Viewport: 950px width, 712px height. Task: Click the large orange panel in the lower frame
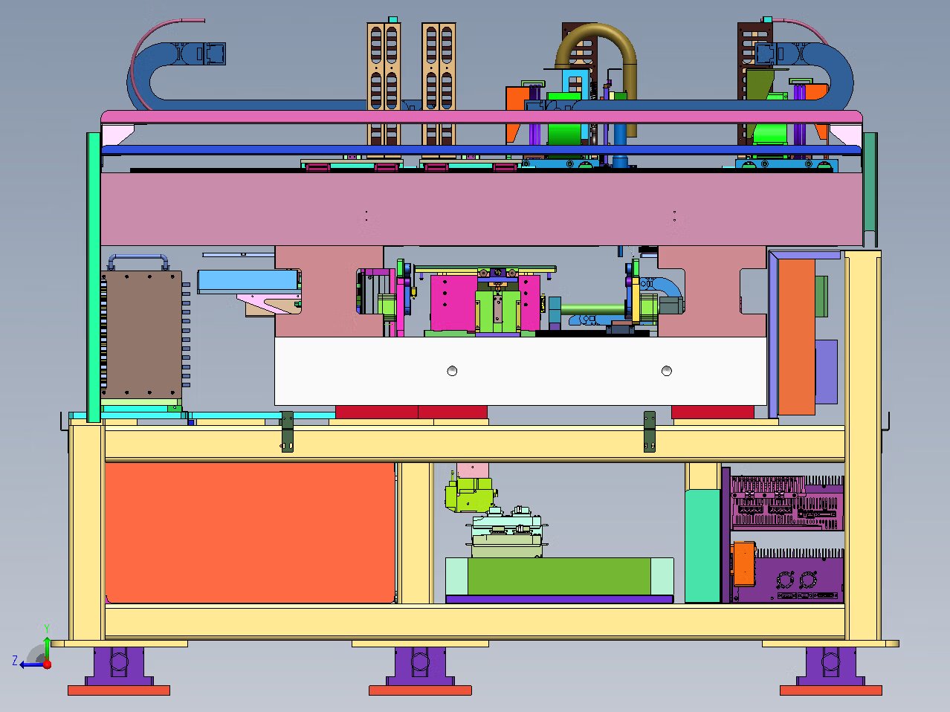[x=250, y=532]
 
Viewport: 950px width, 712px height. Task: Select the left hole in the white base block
[x=452, y=371]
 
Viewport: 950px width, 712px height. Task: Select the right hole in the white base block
[x=667, y=371]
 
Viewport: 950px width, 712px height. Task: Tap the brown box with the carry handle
[x=143, y=334]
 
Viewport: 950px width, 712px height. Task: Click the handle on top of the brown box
[x=138, y=257]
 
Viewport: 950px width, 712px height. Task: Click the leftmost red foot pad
[x=119, y=690]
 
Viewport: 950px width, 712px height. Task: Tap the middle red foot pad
[x=420, y=690]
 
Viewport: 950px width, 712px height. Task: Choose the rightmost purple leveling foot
[x=830, y=666]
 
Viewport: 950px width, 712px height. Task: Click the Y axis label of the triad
[x=47, y=629]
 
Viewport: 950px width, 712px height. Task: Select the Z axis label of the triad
[x=15, y=660]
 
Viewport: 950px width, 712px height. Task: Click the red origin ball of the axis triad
[x=47, y=664]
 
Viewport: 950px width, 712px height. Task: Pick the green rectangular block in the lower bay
[x=559, y=576]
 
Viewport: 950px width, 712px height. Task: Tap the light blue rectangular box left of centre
[x=249, y=281]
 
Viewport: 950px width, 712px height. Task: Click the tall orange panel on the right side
[x=796, y=337]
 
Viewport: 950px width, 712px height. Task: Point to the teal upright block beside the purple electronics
[x=703, y=546]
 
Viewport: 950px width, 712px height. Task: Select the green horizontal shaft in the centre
[x=593, y=309]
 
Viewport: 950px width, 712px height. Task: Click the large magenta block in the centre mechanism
[x=453, y=303]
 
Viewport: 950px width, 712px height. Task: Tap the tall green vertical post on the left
[x=94, y=277]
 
